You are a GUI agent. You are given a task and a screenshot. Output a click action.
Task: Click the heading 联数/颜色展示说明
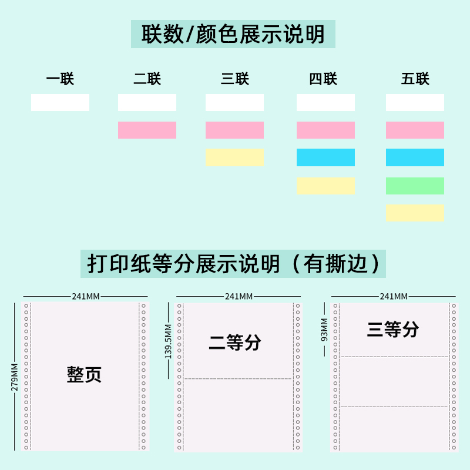pyautogui.click(x=233, y=34)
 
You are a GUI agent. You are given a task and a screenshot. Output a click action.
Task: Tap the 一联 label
pyautogui.click(x=60, y=79)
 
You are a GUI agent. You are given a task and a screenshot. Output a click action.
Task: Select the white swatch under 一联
pyautogui.click(x=60, y=103)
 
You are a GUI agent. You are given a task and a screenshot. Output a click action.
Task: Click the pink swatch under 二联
pyautogui.click(x=147, y=130)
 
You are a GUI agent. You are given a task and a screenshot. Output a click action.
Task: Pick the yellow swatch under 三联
pyautogui.click(x=234, y=157)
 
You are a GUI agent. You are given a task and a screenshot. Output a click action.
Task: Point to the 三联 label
pyautogui.click(x=235, y=79)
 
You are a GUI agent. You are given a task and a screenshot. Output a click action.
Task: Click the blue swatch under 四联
pyautogui.click(x=325, y=157)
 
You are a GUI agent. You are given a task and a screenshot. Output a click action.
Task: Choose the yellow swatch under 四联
pyautogui.click(x=325, y=186)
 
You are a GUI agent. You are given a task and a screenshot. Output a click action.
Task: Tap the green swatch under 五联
pyautogui.click(x=415, y=186)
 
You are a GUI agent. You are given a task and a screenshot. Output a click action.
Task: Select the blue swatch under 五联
pyautogui.click(x=415, y=157)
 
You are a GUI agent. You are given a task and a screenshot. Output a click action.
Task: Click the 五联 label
pyautogui.click(x=415, y=79)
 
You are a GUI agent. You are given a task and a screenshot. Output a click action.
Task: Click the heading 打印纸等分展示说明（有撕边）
pyautogui.click(x=233, y=263)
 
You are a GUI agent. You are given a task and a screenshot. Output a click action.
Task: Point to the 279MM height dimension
pyautogui.click(x=15, y=377)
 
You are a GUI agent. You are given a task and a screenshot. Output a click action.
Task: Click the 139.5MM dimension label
pyautogui.click(x=169, y=341)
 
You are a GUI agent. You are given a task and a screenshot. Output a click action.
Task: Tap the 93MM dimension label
pyautogui.click(x=324, y=329)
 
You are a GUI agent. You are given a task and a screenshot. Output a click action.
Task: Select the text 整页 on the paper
pyautogui.click(x=84, y=374)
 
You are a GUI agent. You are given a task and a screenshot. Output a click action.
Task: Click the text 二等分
pyautogui.click(x=235, y=343)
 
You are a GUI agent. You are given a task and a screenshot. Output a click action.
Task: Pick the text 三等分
pyautogui.click(x=392, y=330)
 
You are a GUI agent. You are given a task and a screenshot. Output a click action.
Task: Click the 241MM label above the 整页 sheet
pyautogui.click(x=86, y=296)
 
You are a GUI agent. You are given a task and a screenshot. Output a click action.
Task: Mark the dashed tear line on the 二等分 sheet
pyautogui.click(x=238, y=379)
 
